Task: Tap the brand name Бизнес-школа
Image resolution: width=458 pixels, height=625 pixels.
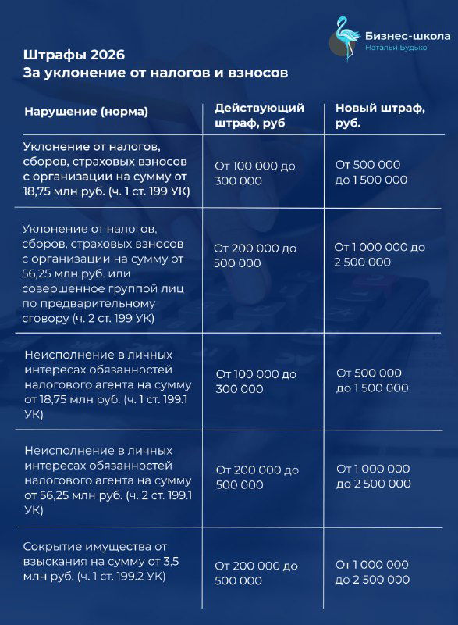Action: click(407, 36)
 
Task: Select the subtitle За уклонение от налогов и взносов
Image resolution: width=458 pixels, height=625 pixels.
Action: click(156, 73)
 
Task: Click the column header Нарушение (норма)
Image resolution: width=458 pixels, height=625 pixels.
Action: click(86, 112)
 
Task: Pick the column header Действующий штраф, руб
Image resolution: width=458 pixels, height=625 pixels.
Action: click(259, 116)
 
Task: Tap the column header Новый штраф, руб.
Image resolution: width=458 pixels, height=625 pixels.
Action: click(380, 116)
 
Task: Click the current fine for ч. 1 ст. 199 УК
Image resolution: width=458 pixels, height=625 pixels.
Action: click(255, 172)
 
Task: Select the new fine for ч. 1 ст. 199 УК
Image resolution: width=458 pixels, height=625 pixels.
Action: click(371, 172)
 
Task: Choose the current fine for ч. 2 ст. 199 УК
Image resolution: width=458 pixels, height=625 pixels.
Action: click(255, 255)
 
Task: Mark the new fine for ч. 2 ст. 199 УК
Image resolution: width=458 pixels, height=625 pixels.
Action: click(380, 255)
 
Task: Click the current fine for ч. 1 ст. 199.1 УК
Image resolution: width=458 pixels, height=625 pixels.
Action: click(256, 381)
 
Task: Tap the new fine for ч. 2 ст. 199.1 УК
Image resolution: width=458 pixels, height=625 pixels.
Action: click(373, 476)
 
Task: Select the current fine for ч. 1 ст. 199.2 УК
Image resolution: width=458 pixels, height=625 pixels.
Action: click(257, 573)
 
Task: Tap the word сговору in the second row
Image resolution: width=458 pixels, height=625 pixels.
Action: click(48, 318)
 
